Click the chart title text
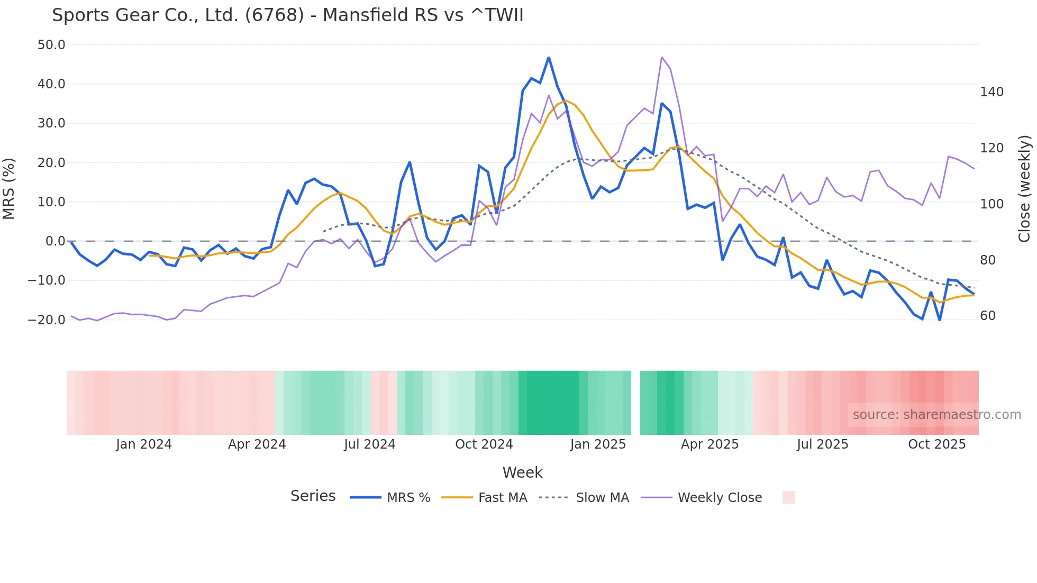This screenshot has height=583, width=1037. (287, 15)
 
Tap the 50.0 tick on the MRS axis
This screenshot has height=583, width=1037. (51, 45)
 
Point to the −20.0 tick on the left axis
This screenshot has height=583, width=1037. (47, 320)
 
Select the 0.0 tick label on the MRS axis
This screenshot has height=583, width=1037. (55, 241)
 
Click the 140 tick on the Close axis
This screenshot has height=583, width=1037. (991, 92)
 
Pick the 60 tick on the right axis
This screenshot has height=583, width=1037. (988, 316)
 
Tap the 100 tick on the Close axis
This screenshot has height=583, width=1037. (991, 204)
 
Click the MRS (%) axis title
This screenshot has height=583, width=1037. (8, 188)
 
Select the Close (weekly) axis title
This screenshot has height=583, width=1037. (1024, 188)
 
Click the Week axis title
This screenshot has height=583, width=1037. (522, 472)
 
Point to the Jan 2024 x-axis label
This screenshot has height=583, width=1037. (144, 444)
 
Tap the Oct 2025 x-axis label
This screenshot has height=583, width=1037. (936, 444)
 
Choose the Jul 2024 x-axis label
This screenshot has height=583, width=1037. (370, 444)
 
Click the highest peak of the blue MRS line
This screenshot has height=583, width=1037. (549, 57)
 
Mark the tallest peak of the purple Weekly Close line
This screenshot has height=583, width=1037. (662, 57)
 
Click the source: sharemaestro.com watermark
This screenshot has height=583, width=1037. (936, 415)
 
